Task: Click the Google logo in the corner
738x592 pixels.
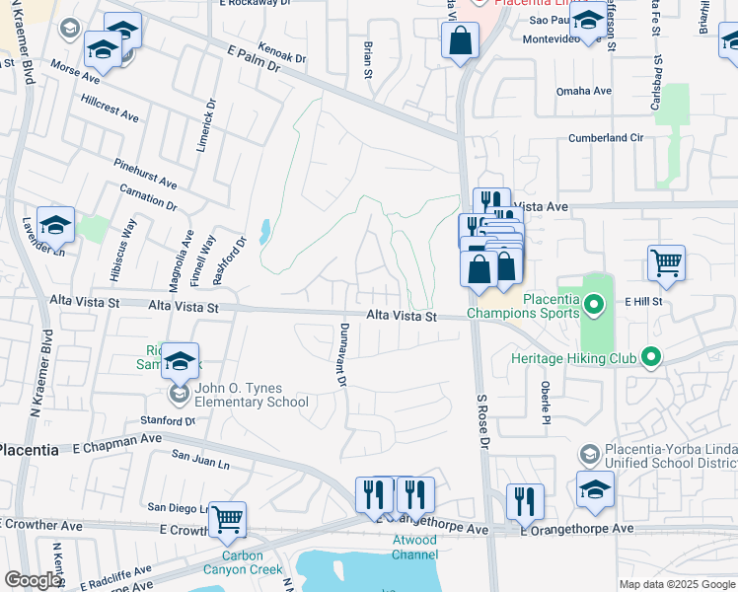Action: pos(32,580)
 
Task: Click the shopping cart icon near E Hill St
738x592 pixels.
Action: pos(666,263)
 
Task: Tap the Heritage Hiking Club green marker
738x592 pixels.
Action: pos(649,357)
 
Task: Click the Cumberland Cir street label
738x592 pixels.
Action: pos(606,138)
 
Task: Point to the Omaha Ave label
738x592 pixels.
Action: pos(585,91)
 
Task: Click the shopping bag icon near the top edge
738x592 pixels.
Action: pos(460,41)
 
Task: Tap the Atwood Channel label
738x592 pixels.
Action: pos(415,547)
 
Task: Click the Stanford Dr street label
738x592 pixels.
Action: pos(168,420)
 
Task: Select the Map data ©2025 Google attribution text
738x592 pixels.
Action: pos(676,584)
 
